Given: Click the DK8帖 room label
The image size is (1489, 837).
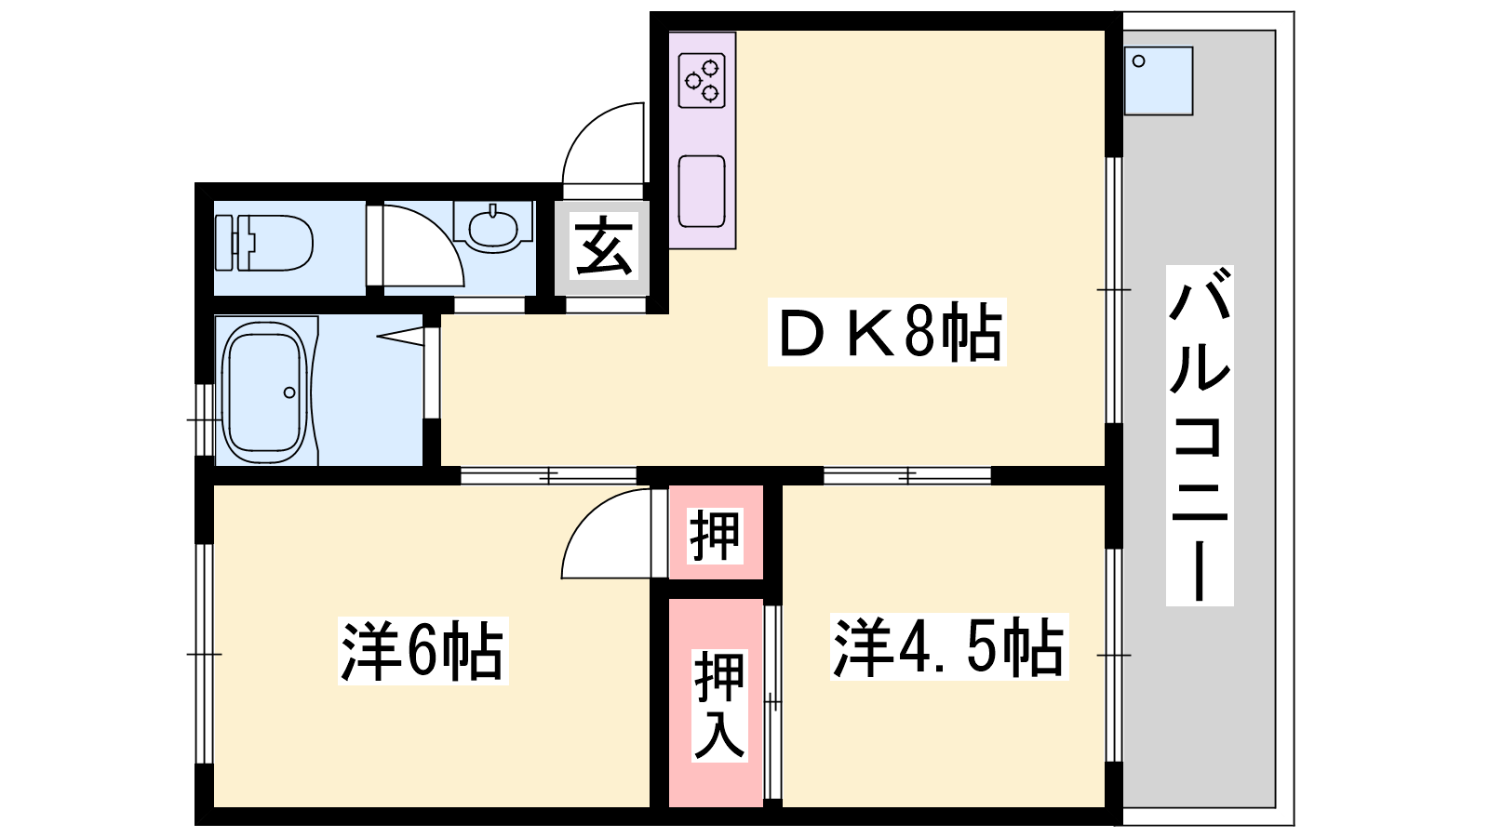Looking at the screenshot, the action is click(888, 331).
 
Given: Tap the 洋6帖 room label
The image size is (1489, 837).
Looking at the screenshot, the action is click(423, 650).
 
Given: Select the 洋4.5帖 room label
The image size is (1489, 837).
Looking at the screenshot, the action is click(949, 646).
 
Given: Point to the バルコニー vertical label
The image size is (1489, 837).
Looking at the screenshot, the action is click(1200, 435).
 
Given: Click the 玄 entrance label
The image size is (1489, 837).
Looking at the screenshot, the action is click(604, 246).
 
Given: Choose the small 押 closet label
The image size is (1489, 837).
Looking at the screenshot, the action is click(715, 536).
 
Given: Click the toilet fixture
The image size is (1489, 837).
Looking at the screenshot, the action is click(264, 243).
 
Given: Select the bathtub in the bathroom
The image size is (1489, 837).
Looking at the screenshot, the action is click(265, 392).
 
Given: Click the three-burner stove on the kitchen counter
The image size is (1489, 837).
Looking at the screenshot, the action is click(702, 81).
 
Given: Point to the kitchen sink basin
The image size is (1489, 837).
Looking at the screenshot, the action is click(702, 192).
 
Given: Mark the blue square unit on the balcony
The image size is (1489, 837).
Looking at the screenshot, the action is click(1159, 81).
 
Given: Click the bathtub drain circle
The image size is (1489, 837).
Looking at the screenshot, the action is click(289, 392).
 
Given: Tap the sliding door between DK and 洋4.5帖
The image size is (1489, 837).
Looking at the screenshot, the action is click(907, 475).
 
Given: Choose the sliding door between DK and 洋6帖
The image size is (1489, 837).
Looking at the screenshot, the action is click(548, 475).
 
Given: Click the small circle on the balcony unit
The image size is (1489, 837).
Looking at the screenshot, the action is click(1139, 61).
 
